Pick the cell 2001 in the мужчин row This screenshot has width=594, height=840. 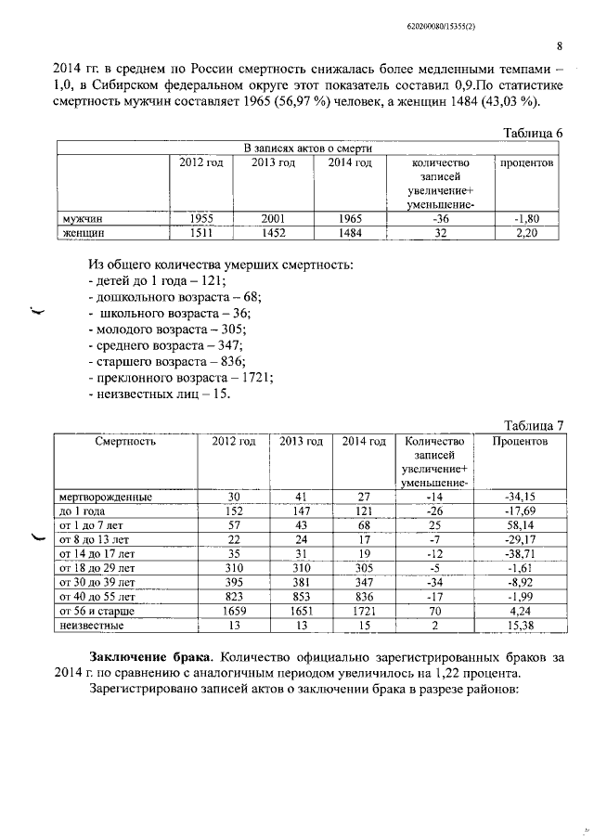(273, 219)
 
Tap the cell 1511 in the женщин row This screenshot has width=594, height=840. (201, 233)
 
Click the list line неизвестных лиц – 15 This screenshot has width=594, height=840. (157, 394)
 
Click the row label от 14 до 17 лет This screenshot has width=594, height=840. (96, 553)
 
